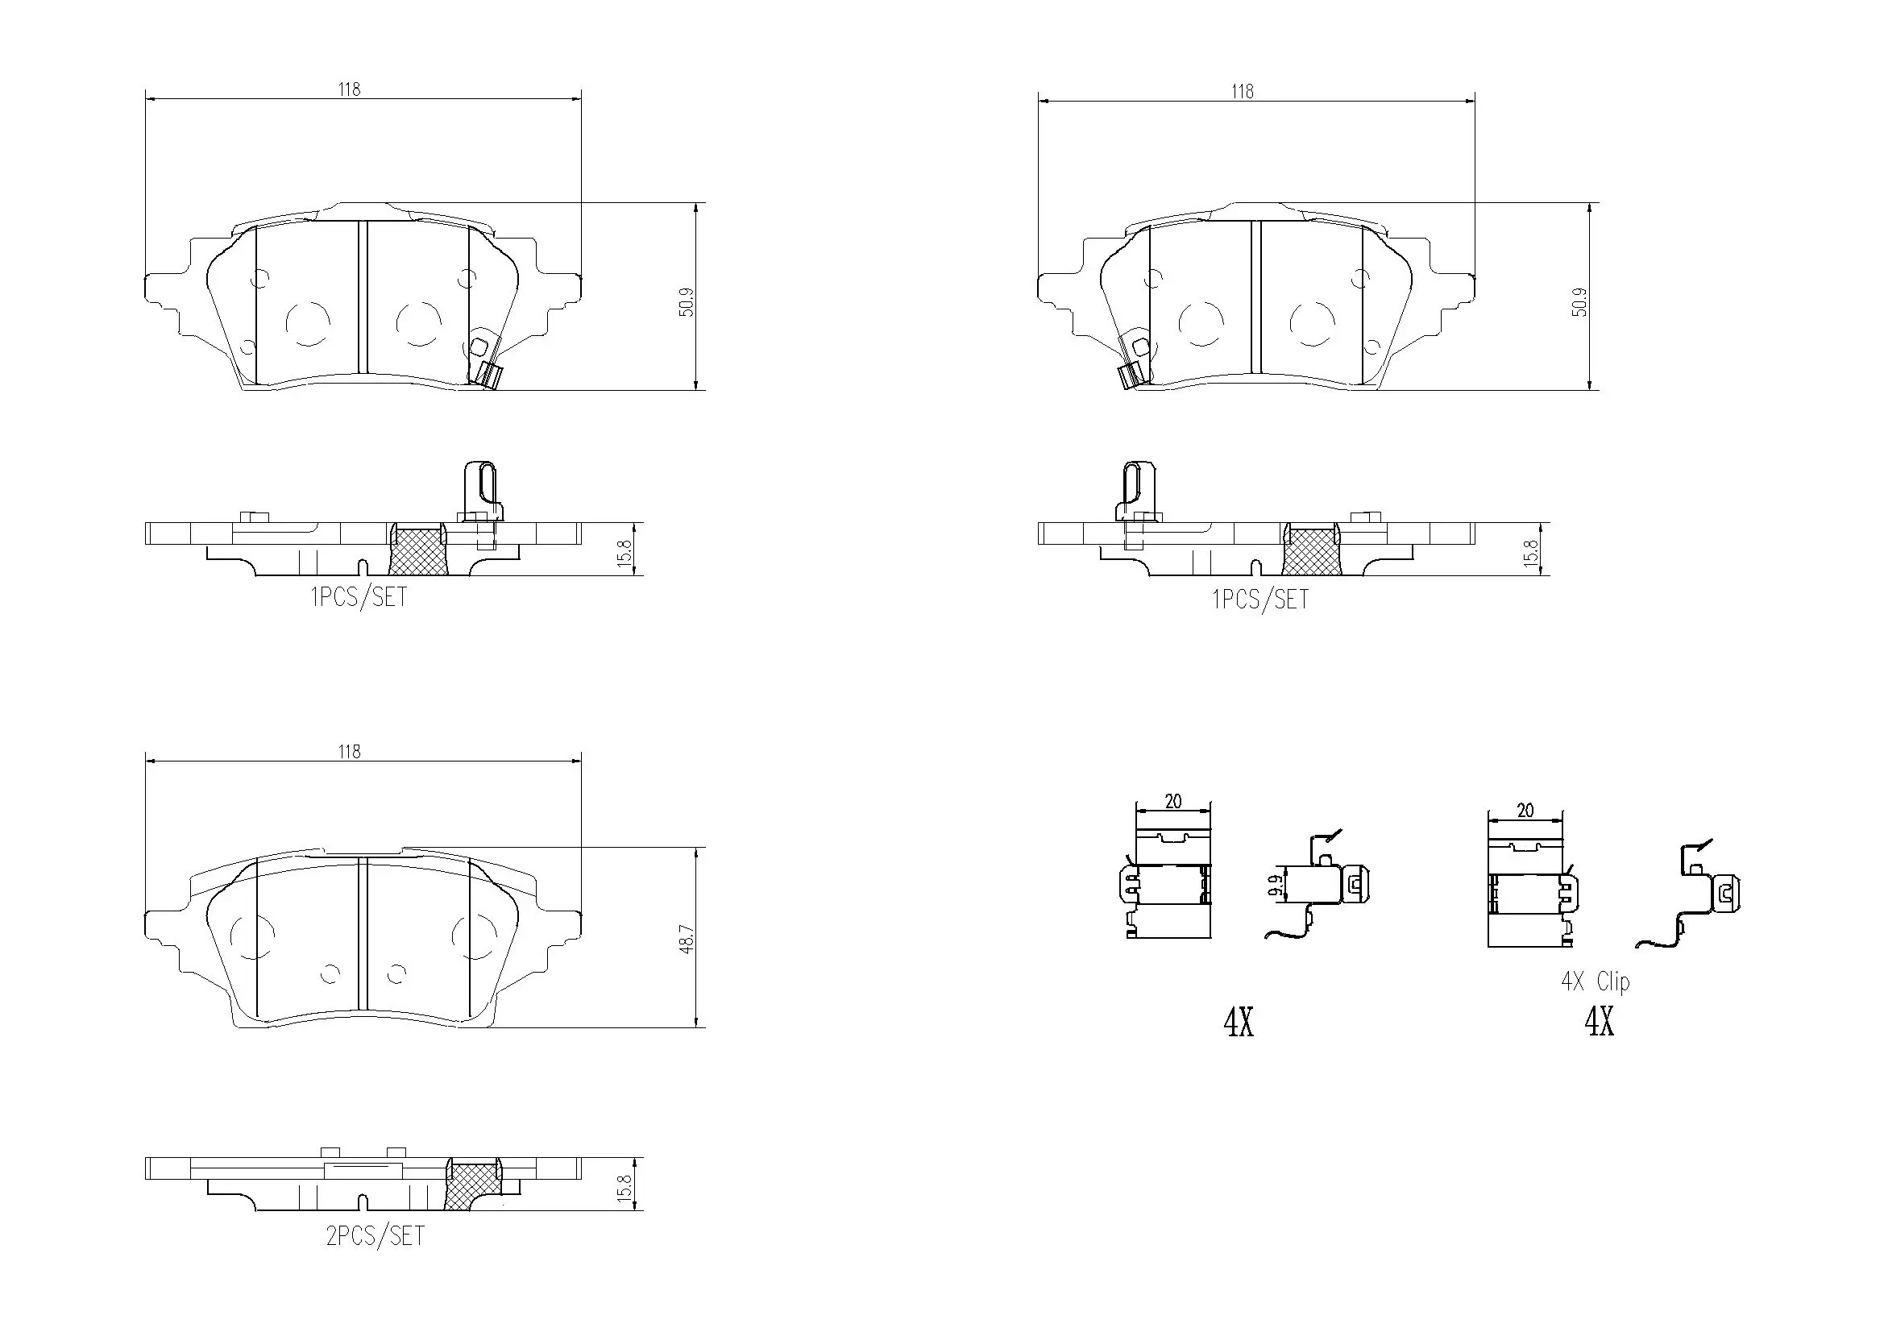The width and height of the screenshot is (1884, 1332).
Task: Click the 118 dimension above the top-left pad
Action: tap(350, 89)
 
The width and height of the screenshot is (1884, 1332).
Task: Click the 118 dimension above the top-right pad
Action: tap(1243, 91)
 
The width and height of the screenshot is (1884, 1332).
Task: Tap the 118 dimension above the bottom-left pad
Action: tap(350, 752)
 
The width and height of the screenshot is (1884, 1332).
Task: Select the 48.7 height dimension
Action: tap(687, 939)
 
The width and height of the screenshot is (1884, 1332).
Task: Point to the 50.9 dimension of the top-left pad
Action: tap(687, 301)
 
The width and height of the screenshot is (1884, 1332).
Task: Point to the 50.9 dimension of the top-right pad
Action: tap(1580, 301)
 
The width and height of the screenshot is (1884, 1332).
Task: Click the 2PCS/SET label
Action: tap(376, 1236)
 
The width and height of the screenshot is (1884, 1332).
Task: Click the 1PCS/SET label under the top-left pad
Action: tap(359, 596)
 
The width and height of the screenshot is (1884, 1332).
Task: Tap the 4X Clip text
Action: tap(1596, 981)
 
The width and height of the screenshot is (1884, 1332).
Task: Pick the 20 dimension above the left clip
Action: tap(1173, 801)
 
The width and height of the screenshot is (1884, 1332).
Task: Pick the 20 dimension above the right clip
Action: tap(1525, 811)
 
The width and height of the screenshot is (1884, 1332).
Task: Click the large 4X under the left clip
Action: tap(1239, 1023)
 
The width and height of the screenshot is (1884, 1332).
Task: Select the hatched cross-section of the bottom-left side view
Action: tap(474, 1186)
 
